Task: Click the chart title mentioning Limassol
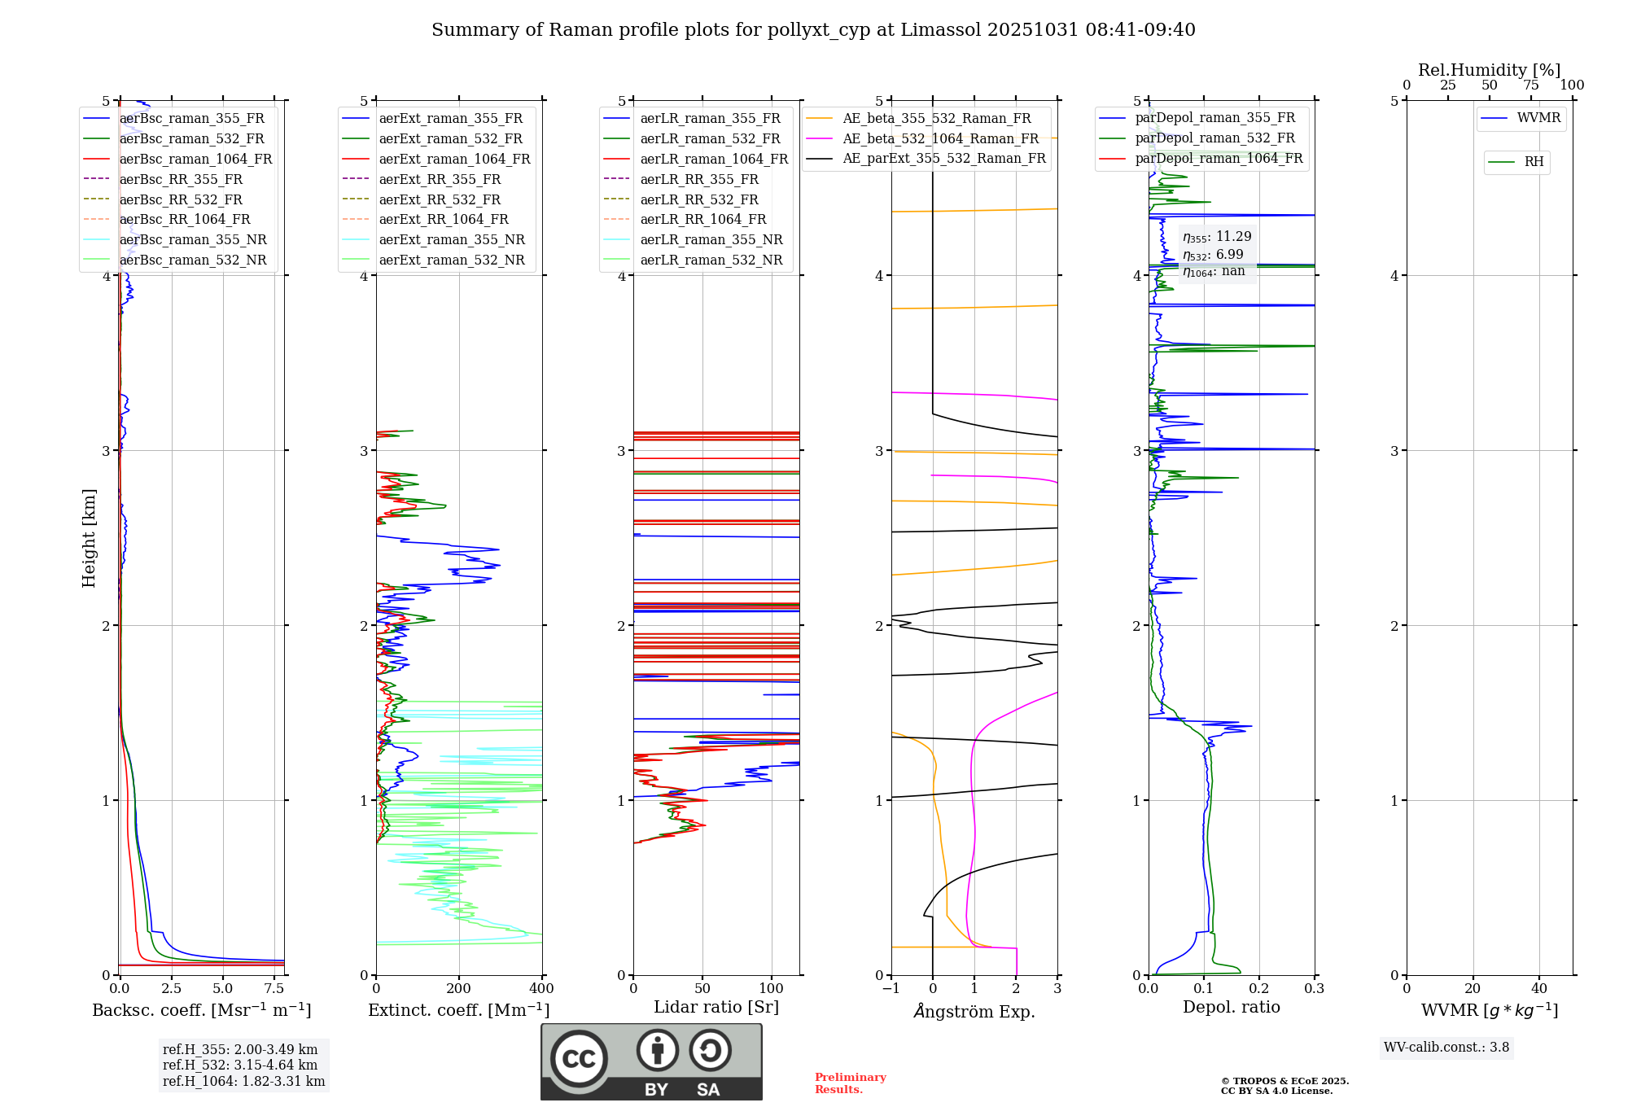813,30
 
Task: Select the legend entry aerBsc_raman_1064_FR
195,159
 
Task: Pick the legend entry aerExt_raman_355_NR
452,239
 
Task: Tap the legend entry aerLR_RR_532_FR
699,199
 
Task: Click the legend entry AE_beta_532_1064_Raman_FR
940,138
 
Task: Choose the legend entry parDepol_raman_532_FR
1214,138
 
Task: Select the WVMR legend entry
1538,118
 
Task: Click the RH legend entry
1534,162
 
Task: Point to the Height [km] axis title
89,537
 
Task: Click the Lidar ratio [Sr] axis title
716,1007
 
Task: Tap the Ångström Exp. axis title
974,1011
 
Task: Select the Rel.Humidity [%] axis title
1489,70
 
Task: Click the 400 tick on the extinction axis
541,989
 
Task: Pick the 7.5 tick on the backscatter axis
274,989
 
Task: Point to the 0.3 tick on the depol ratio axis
1314,989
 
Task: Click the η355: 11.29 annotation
1217,237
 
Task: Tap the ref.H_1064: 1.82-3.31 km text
243,1081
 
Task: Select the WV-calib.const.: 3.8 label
1446,1048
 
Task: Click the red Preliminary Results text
850,1083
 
